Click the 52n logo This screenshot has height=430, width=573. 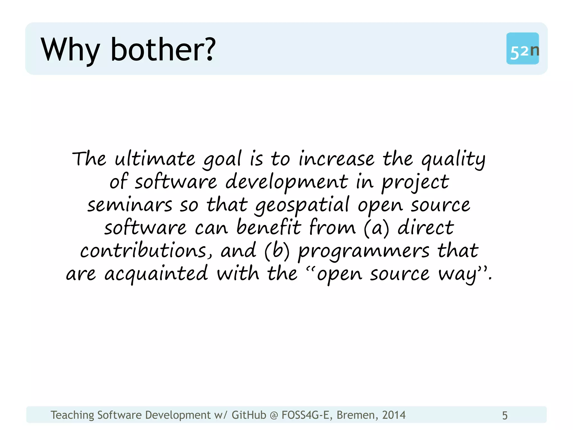pos(523,49)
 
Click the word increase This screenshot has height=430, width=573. pos(336,159)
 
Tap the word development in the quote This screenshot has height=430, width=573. pos(286,182)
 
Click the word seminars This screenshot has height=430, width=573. pos(130,205)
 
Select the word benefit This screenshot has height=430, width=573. pos(269,227)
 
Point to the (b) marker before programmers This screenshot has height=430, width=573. pos(277,251)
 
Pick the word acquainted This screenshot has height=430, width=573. pos(156,274)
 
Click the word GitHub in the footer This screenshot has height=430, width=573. pos(249,415)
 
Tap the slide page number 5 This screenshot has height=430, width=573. pos(505,415)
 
